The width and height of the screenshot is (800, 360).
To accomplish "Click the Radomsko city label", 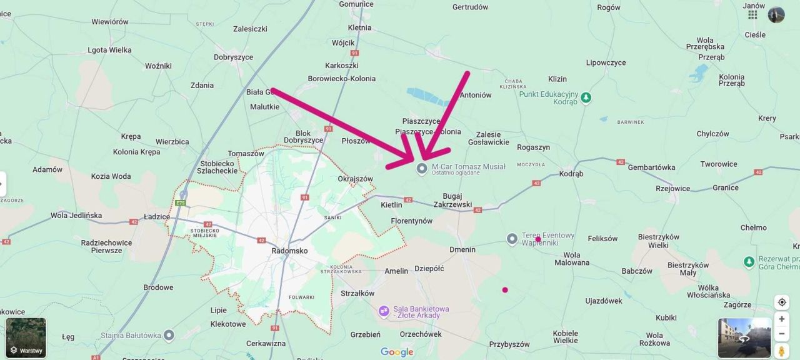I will click(x=289, y=251).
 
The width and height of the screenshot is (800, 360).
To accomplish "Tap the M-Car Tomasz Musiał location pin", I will click(x=422, y=168).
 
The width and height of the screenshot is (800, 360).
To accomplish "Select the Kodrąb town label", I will click(x=571, y=174).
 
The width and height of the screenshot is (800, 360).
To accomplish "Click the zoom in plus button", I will click(x=781, y=319).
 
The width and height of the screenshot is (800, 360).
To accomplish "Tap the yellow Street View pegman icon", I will click(x=781, y=351).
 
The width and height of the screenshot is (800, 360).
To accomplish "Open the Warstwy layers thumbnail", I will click(x=26, y=338).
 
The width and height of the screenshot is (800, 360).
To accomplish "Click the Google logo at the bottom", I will click(x=397, y=352).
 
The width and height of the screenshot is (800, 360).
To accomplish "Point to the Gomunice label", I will click(x=356, y=4).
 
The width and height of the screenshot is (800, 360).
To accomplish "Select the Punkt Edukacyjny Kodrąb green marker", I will click(x=586, y=98).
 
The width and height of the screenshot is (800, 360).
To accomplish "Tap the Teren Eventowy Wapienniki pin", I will click(x=512, y=239).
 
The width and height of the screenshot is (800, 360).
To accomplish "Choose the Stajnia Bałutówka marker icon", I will click(x=168, y=336).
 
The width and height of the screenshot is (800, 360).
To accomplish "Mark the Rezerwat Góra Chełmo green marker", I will click(x=749, y=261).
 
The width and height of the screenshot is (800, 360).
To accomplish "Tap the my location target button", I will click(x=781, y=302).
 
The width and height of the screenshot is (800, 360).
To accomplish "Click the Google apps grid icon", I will click(x=752, y=14).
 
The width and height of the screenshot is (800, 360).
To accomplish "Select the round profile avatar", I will click(x=776, y=14).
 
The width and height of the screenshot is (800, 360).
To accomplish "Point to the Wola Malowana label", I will click(x=571, y=259).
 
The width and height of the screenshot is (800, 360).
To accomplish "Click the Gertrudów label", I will click(x=470, y=7).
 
